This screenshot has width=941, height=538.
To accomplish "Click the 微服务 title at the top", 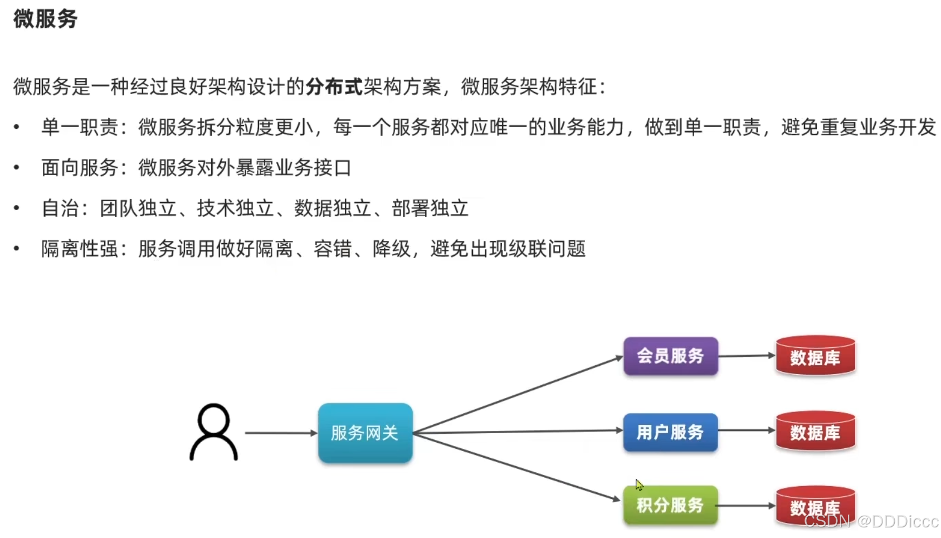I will [x=45, y=19].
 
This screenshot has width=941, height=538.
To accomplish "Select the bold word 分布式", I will [x=334, y=86].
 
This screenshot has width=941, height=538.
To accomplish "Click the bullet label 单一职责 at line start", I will [x=79, y=127].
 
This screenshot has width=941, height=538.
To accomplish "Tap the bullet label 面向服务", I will [x=79, y=168].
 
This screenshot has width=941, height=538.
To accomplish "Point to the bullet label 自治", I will [x=60, y=209].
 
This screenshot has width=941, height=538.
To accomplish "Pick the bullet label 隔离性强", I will [x=79, y=249].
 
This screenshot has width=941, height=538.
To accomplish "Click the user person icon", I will [x=214, y=432].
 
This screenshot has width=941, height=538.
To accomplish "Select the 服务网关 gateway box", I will [x=365, y=433].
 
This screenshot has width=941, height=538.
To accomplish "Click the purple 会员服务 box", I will [x=670, y=356].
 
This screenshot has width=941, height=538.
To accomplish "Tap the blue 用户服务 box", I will [x=670, y=432].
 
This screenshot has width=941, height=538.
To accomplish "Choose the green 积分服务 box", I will [x=670, y=505].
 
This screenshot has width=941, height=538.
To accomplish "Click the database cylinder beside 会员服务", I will [x=815, y=356].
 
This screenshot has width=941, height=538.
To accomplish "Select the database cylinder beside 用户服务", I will [x=815, y=431].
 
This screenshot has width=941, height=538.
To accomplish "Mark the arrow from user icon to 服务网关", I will [x=280, y=433].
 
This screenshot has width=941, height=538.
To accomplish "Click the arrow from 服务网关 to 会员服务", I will [x=518, y=395].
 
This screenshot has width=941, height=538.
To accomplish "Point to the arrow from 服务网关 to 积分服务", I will [x=518, y=467].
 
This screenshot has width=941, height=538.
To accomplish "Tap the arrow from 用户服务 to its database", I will [x=747, y=430].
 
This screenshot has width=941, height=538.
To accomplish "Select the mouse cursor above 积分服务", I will [x=638, y=484].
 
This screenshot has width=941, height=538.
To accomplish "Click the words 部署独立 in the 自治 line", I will [x=430, y=209].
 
